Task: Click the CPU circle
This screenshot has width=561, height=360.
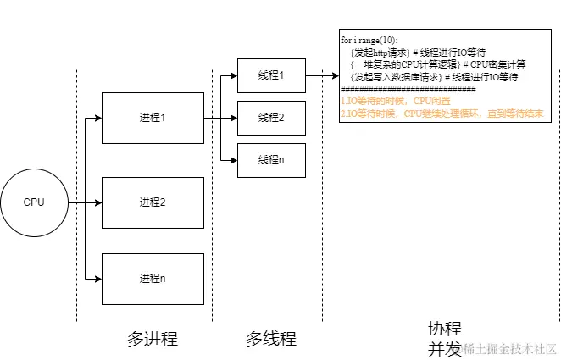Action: [34, 203]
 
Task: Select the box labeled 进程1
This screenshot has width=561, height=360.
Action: [153, 118]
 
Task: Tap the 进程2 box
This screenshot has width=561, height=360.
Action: [153, 202]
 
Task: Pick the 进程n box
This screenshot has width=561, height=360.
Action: [153, 278]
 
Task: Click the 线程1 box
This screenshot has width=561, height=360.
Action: [270, 76]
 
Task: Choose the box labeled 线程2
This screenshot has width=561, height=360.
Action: [270, 118]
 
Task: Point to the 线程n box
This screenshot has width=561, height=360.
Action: [270, 160]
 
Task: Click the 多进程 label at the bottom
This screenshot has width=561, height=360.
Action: [153, 340]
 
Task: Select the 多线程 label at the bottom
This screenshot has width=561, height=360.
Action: [271, 340]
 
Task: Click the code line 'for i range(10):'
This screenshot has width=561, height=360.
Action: [369, 41]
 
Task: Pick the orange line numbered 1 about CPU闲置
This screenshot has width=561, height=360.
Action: [389, 100]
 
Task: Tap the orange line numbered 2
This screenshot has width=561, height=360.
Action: [441, 112]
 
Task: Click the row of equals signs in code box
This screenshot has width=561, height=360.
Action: [408, 88]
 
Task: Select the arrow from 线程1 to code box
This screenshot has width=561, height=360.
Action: [322, 76]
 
